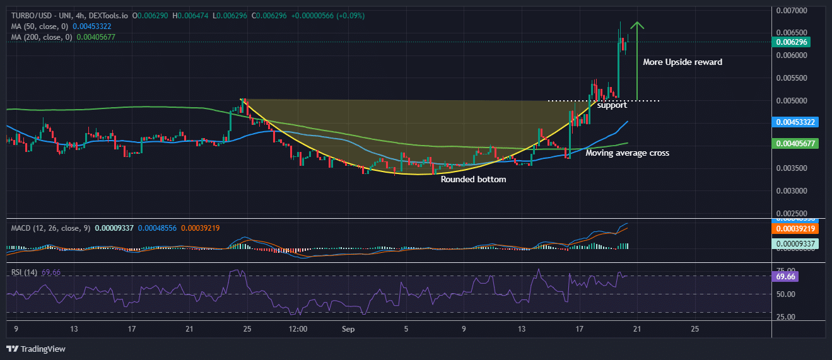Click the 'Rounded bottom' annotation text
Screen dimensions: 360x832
click(473, 179)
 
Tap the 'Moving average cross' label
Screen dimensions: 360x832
click(627, 153)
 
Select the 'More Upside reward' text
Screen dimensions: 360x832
click(683, 62)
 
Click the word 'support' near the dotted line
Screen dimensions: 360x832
click(612, 105)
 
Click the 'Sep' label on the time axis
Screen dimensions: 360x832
click(349, 328)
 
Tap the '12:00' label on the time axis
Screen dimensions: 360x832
click(298, 328)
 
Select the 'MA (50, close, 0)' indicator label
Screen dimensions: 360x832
click(40, 26)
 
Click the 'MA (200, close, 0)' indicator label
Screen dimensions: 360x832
click(42, 37)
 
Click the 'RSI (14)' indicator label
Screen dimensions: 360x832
click(25, 272)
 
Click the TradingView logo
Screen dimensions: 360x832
click(36, 349)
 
